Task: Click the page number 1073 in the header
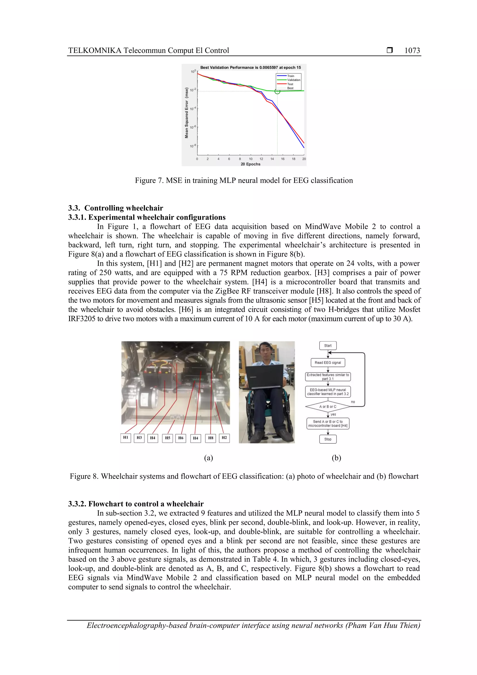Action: [412, 51]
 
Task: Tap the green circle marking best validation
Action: [277, 91]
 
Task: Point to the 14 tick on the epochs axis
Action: [272, 159]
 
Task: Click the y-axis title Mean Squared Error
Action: [186, 113]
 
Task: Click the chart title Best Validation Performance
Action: [250, 68]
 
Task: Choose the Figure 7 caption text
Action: [244, 181]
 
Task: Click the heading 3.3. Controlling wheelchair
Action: [116, 208]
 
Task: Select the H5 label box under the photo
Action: [167, 438]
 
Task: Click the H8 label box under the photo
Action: [211, 438]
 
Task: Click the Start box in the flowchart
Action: [328, 346]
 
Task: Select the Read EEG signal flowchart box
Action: [328, 363]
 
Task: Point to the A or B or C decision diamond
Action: [328, 407]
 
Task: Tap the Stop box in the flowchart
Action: [328, 439]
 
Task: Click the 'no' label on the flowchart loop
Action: [353, 402]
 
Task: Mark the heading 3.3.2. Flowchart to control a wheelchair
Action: [136, 504]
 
